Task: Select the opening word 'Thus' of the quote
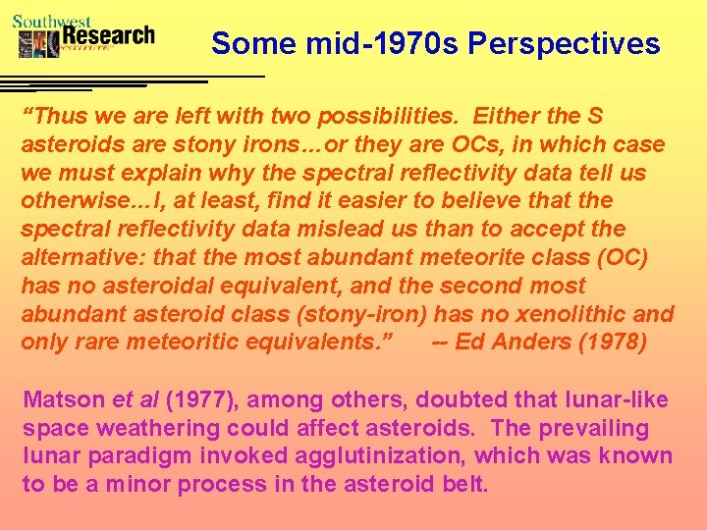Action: coord(54,117)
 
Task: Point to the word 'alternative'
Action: coord(77,258)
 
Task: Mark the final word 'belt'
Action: coord(465,485)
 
